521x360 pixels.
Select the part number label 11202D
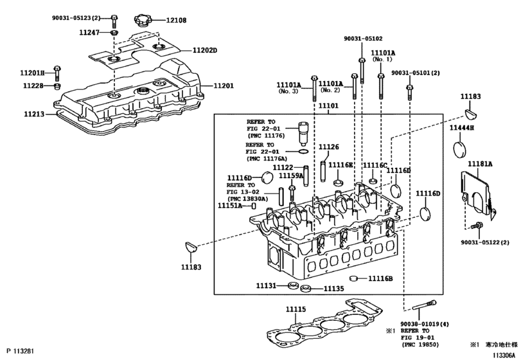coord(205,50)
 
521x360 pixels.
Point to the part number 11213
coord(34,114)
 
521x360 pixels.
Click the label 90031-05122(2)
coord(485,242)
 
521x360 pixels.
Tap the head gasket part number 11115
coord(296,309)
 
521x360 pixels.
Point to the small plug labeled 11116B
coord(353,278)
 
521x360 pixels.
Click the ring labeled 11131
coord(293,285)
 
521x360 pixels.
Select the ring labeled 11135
coord(305,289)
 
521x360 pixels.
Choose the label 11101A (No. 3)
coord(288,88)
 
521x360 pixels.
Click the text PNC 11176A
coord(267,159)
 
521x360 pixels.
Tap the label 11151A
coord(230,206)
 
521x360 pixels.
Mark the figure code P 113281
coord(21,351)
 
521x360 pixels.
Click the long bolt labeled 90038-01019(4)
coord(424,305)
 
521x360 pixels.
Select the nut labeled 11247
coord(114,33)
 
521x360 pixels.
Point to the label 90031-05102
coord(363,39)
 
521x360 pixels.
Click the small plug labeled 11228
coord(57,86)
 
